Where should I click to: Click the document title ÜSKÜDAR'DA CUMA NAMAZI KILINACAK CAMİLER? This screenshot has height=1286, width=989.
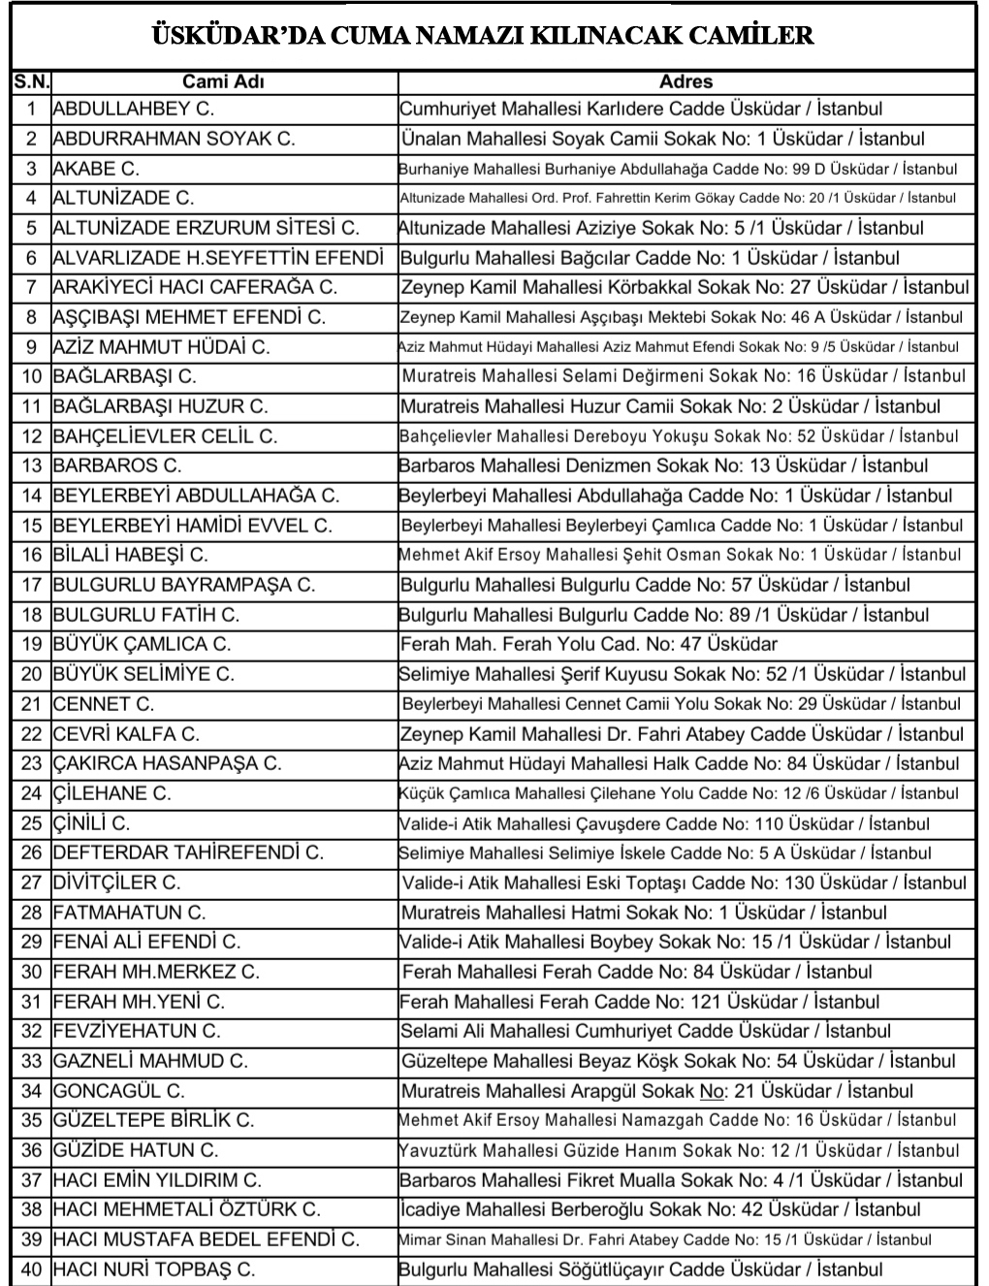[x=482, y=37]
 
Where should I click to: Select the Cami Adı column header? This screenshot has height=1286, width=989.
[x=223, y=82]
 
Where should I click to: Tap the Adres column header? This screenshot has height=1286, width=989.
[x=686, y=82]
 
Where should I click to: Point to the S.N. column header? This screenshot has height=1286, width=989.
[x=31, y=82]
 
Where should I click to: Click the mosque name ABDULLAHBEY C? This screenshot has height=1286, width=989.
[x=133, y=109]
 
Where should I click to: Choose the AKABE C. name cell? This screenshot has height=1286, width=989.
[x=96, y=169]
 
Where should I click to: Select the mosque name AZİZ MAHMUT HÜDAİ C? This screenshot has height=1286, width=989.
[x=161, y=347]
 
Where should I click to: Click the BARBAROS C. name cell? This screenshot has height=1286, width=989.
[x=117, y=466]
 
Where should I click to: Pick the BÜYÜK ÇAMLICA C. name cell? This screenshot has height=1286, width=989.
[x=142, y=644]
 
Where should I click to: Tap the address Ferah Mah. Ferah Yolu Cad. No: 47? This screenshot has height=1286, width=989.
[x=589, y=644]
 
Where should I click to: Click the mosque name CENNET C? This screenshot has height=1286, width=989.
[x=104, y=704]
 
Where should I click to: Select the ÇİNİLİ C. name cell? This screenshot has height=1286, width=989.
[x=91, y=823]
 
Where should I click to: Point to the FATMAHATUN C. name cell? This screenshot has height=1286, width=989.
[x=129, y=913]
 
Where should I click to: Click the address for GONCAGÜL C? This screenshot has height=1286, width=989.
[x=656, y=1091]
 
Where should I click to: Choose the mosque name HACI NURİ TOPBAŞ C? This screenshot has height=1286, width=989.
[x=153, y=1270]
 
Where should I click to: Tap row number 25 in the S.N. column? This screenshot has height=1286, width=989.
[x=31, y=823]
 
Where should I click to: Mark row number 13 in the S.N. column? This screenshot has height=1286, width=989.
[x=31, y=466]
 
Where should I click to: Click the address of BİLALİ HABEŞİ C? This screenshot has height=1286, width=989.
[x=680, y=555]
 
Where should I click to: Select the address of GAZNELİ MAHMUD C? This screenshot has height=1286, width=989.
[x=678, y=1061]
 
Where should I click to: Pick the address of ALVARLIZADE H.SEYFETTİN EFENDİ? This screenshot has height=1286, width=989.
[x=650, y=258]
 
